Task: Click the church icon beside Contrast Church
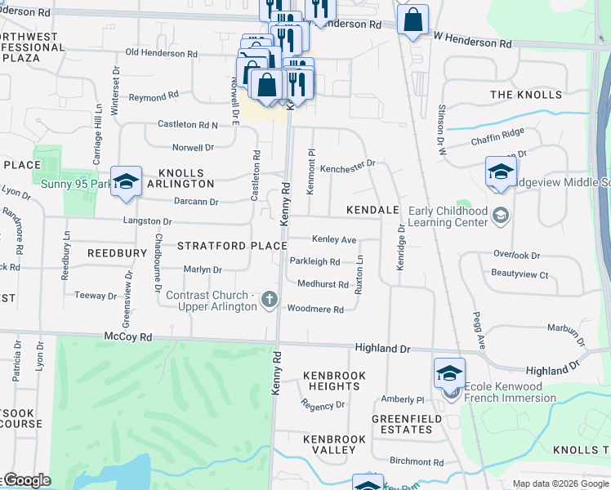point(268,301)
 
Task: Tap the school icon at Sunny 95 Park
point(127,181)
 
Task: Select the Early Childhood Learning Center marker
point(500,216)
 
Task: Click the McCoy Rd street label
point(128,336)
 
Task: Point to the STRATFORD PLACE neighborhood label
point(232,246)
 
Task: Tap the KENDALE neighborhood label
point(372,210)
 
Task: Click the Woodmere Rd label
point(315,310)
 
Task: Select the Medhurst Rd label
point(323,284)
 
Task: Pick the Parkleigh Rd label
point(314,261)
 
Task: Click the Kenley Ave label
point(334,240)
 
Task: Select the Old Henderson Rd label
point(162,53)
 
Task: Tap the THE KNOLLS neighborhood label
point(526,95)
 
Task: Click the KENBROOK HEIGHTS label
point(334,381)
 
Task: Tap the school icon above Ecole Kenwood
point(449,372)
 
